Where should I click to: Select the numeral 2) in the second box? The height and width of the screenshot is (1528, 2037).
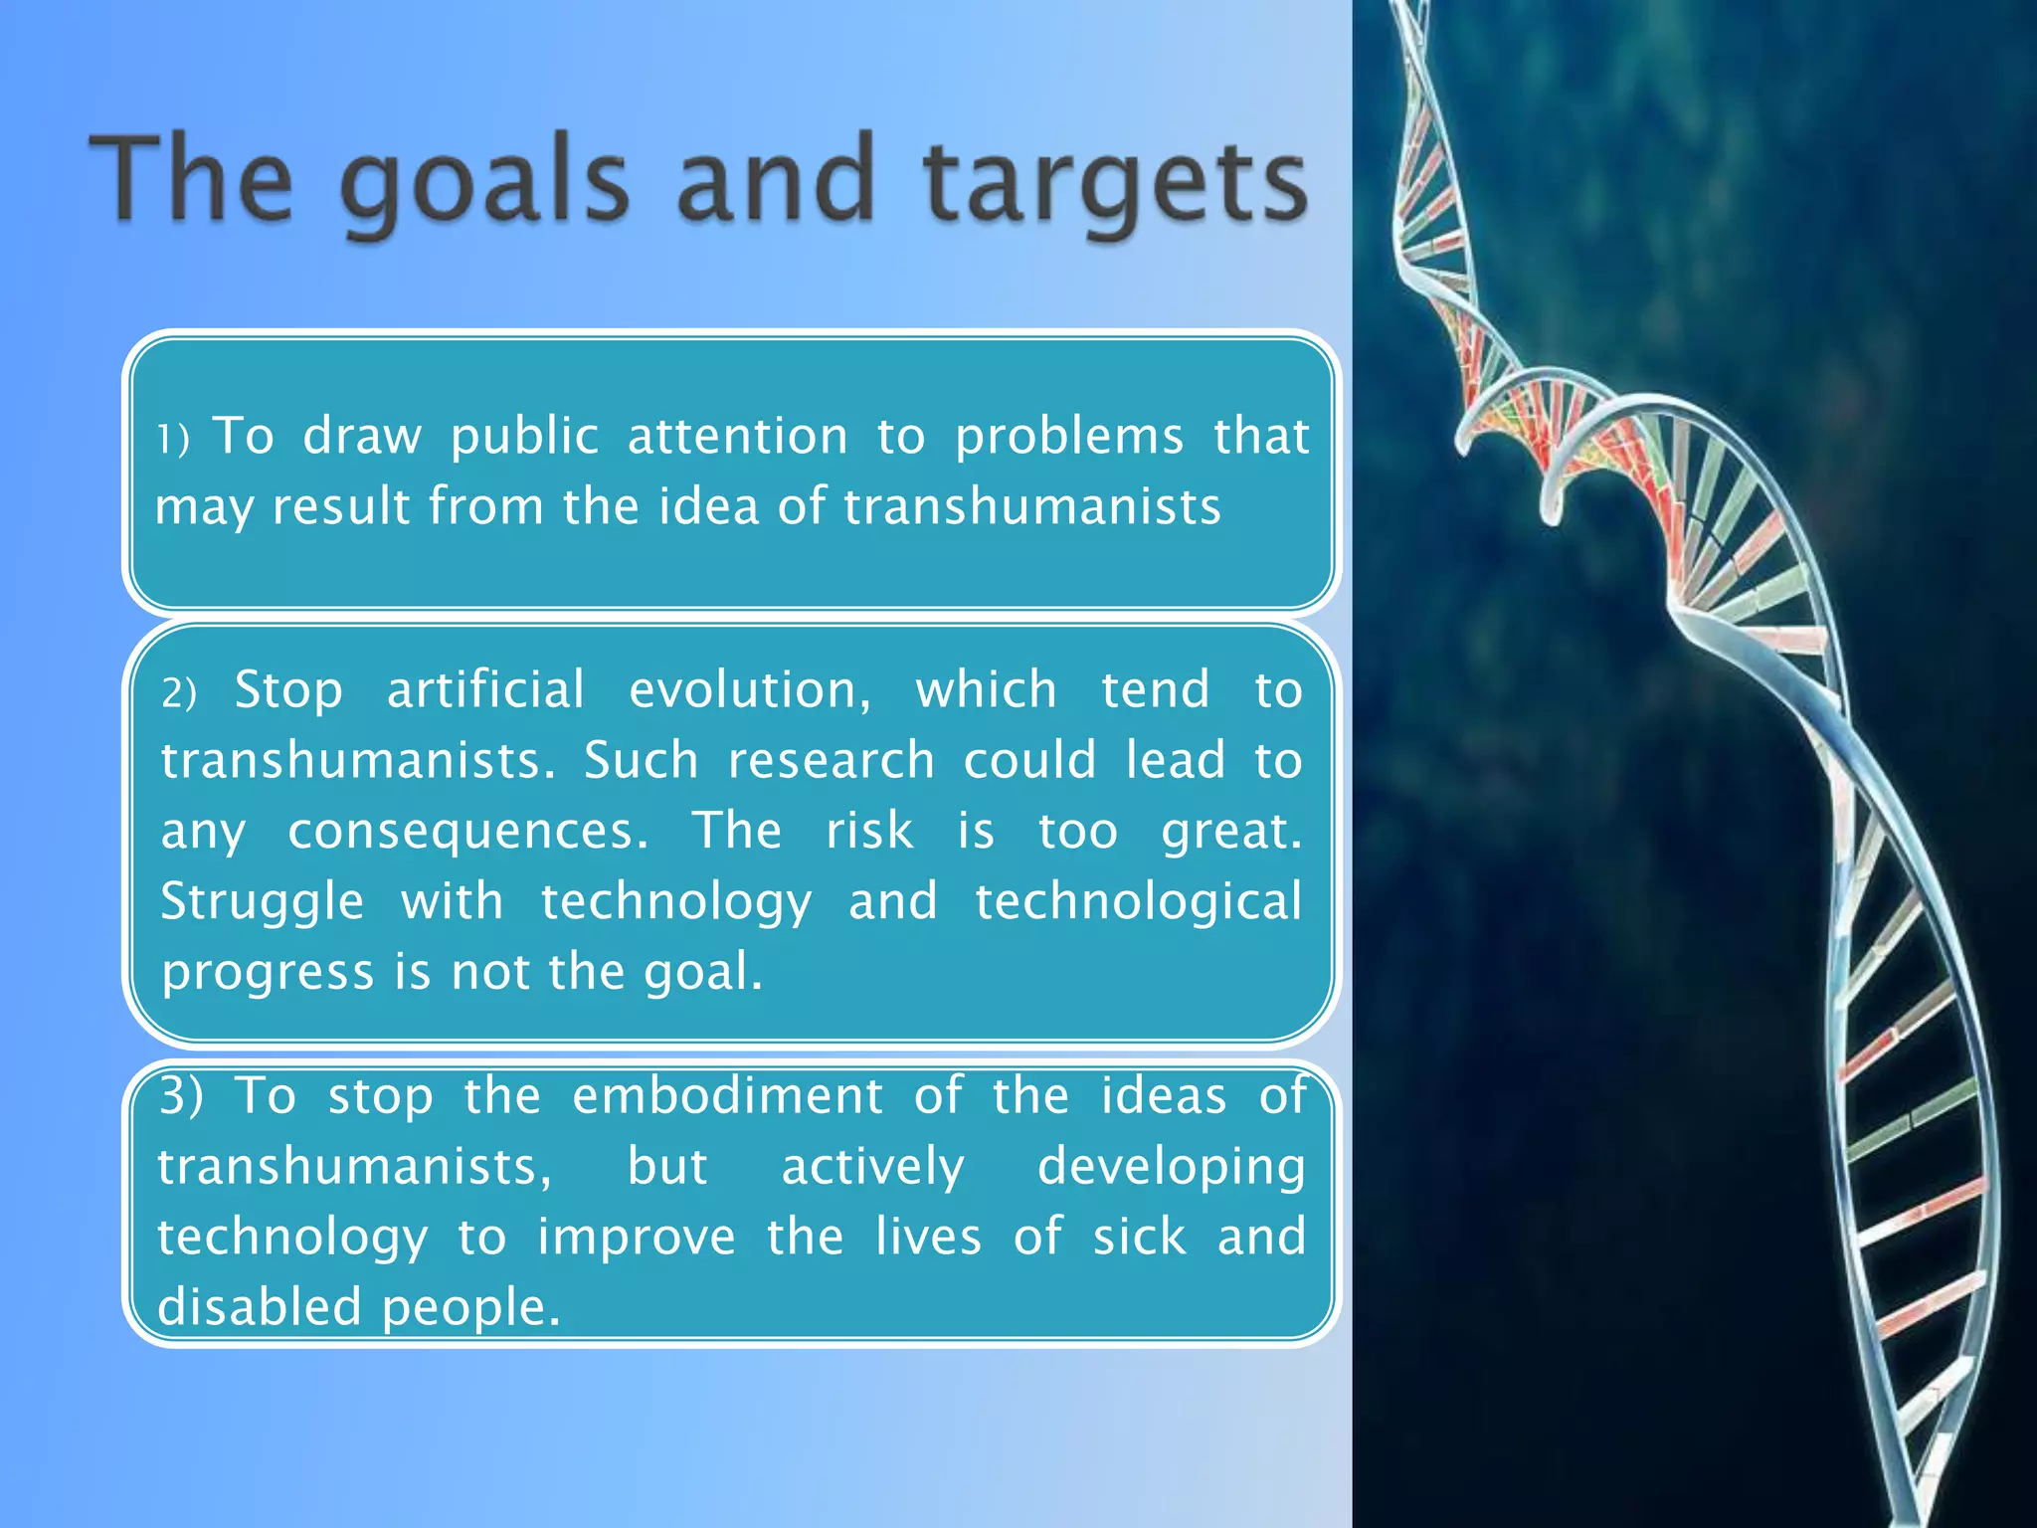pyautogui.click(x=179, y=692)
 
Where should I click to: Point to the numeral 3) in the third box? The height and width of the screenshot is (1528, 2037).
pyautogui.click(x=181, y=1095)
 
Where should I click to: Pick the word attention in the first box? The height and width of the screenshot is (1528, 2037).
pyautogui.click(x=737, y=436)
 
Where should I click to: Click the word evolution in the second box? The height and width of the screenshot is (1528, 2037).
pyautogui.click(x=749, y=689)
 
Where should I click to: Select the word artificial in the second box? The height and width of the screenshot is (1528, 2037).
pyautogui.click(x=485, y=689)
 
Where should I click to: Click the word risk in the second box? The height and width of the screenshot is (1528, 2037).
pyautogui.click(x=869, y=830)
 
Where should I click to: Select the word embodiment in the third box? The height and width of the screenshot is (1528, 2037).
pyautogui.click(x=727, y=1095)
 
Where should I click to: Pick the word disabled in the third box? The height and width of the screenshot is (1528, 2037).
pyautogui.click(x=259, y=1306)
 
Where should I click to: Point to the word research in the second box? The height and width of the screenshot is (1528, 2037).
pyautogui.click(x=832, y=761)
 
